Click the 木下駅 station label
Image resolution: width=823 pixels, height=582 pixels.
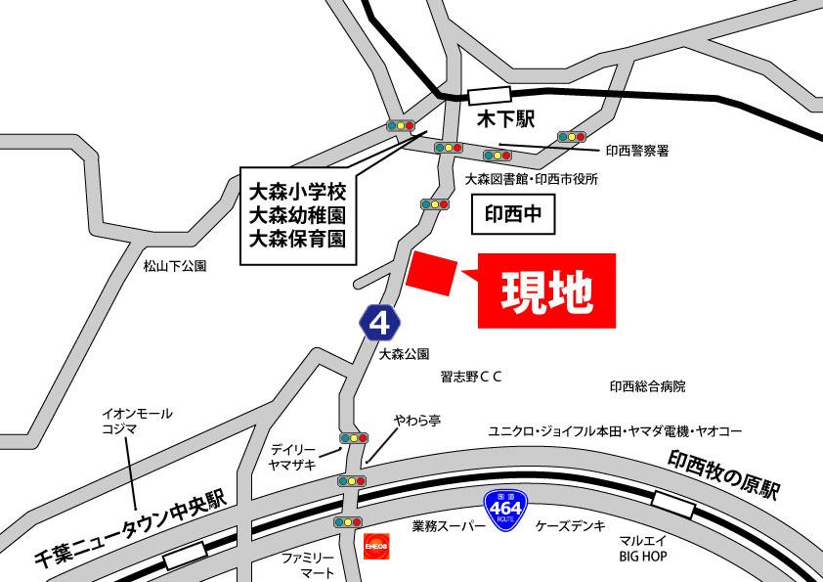click(x=506, y=120)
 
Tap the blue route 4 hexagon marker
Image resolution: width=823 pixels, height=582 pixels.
click(x=379, y=321)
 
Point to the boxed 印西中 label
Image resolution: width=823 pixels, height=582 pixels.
click(x=513, y=213)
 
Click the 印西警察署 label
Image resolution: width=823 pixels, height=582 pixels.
click(x=636, y=151)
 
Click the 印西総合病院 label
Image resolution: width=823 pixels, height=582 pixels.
click(x=647, y=386)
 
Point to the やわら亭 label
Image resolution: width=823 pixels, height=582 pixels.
click(x=417, y=421)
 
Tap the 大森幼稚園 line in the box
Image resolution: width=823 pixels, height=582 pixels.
click(x=298, y=212)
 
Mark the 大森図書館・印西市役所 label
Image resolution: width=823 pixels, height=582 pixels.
click(x=531, y=180)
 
